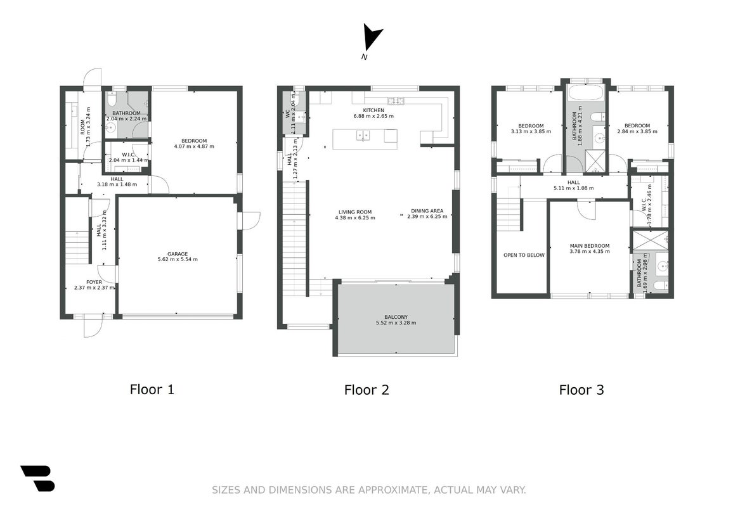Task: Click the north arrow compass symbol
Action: click(372, 37)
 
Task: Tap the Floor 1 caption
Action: click(152, 389)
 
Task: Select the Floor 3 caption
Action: click(581, 390)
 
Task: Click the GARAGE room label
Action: click(178, 253)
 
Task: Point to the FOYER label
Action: click(94, 282)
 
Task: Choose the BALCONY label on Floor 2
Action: click(396, 317)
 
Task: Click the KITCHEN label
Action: click(373, 110)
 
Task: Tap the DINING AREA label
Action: click(427, 211)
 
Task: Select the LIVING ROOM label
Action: click(355, 212)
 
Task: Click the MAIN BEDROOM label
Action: click(590, 246)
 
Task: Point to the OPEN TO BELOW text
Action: click(524, 255)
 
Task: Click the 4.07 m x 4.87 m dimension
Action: click(194, 146)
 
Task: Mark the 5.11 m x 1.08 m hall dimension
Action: click(574, 188)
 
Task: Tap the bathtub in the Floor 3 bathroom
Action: click(585, 92)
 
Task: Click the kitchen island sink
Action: click(363, 136)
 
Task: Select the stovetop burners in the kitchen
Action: click(396, 101)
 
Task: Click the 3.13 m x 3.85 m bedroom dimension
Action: click(531, 131)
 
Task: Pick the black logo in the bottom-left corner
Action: click(38, 478)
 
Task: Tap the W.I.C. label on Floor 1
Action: click(129, 155)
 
